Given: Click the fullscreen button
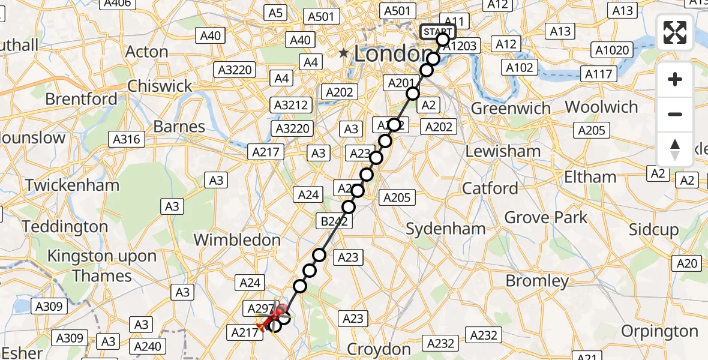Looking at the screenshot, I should click(675, 32).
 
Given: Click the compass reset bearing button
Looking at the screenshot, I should click(675, 149).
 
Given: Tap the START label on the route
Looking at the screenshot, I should click(438, 32).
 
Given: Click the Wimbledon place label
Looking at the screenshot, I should click(237, 240).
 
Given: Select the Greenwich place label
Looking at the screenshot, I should click(511, 109).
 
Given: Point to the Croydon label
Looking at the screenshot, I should click(379, 349).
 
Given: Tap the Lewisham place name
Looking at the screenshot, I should click(503, 151).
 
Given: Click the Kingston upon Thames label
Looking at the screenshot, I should click(102, 266).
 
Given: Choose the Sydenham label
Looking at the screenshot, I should click(446, 229).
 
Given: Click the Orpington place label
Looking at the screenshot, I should click(660, 331).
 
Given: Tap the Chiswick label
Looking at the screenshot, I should click(160, 86).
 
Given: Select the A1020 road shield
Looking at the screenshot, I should click(611, 50).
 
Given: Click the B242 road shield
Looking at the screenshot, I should click(334, 222).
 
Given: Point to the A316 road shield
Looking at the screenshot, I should click(127, 139).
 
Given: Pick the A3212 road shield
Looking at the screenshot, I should click(291, 105).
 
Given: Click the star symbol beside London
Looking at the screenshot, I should click(343, 53).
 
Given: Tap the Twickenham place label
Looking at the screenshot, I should click(72, 185).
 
